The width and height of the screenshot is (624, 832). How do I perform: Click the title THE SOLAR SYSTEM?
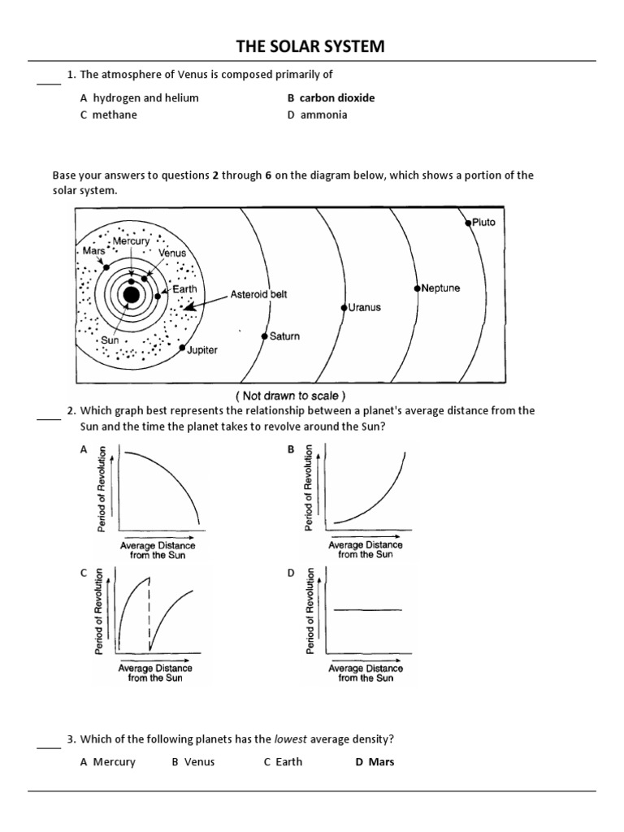click(311, 47)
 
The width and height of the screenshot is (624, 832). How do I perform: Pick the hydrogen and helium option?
click(139, 97)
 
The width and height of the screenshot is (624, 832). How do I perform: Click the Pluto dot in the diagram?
click(468, 223)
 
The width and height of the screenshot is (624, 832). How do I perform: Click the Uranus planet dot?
click(344, 308)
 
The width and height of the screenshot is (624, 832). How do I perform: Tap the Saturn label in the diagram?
click(284, 336)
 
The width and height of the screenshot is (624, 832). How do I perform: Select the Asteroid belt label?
click(258, 294)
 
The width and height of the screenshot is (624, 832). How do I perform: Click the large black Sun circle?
click(131, 296)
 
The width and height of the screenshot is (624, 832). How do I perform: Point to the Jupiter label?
click(202, 350)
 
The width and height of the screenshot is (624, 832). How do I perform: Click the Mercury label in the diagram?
click(131, 241)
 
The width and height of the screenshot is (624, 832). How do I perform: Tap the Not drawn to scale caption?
click(291, 396)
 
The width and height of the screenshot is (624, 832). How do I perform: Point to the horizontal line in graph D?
click(367, 609)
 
